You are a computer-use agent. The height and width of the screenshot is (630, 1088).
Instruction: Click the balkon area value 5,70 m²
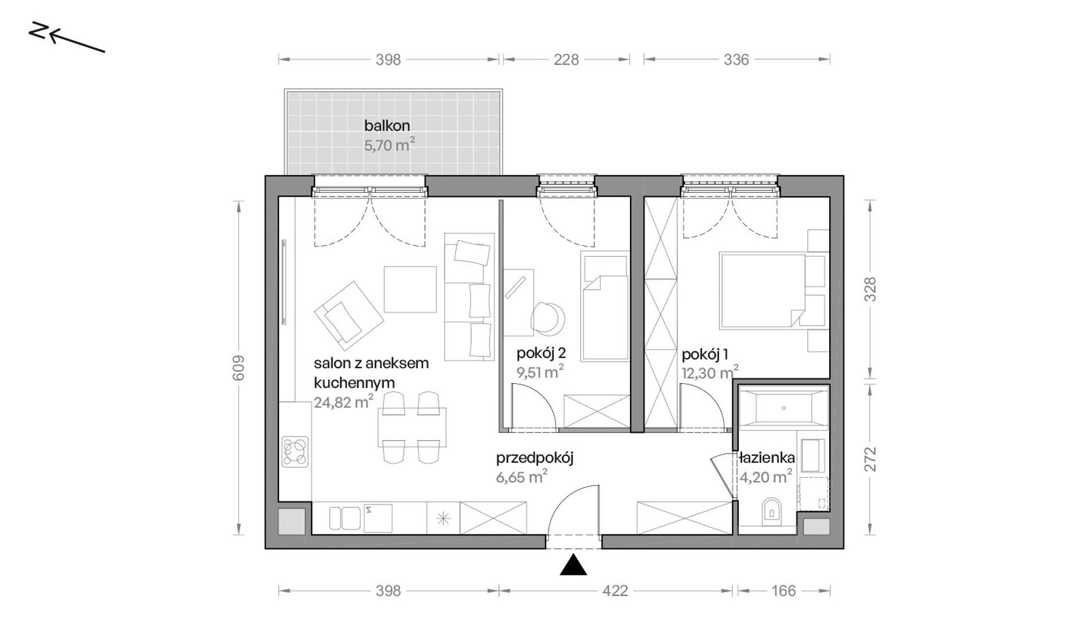tap(389, 144)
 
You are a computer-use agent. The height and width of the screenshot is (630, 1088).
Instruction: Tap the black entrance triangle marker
tap(573, 565)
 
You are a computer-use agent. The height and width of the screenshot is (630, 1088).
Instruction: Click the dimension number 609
tap(239, 368)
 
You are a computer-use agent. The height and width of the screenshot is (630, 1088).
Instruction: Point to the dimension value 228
tap(566, 60)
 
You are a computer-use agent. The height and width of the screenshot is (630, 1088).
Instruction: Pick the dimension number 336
tap(736, 60)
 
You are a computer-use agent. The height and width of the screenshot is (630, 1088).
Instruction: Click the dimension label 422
tap(615, 591)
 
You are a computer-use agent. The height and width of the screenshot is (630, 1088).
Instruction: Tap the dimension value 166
tap(783, 591)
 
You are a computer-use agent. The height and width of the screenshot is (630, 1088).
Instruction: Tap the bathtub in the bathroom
tap(783, 408)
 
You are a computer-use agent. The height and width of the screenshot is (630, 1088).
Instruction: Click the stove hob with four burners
tap(295, 451)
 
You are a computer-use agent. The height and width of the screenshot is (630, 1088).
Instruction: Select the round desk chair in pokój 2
tap(547, 317)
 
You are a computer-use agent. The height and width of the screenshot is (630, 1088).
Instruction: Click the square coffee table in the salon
tap(410, 289)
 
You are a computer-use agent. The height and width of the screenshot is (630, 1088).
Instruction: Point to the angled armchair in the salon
tap(348, 316)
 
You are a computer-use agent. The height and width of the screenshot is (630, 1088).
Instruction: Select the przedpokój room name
tap(535, 458)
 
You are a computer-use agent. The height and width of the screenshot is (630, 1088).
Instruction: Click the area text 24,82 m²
tap(344, 402)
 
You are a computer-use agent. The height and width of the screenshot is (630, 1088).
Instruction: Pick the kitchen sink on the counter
tap(345, 518)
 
